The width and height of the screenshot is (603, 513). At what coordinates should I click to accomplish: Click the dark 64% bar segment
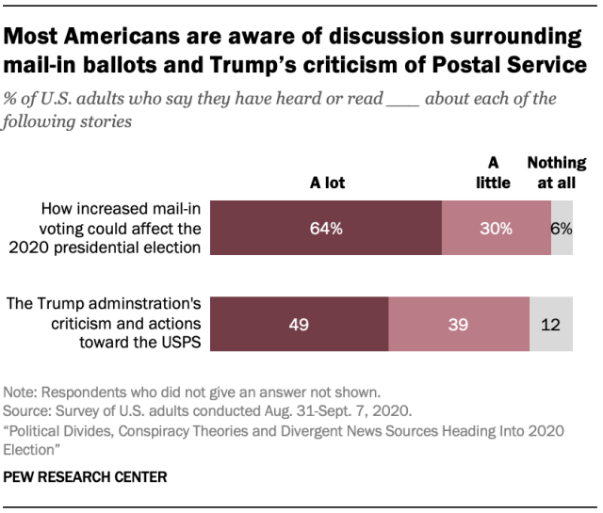325,229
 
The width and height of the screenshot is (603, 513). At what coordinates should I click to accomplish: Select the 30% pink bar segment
496,229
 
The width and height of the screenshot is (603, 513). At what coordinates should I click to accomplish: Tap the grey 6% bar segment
562,229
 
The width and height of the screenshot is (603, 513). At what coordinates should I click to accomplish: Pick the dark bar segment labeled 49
299,324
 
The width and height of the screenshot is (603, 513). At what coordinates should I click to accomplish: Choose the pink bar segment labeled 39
458,324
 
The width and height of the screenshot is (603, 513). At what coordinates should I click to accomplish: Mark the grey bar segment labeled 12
551,324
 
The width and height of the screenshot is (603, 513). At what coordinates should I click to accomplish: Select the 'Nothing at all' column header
556,173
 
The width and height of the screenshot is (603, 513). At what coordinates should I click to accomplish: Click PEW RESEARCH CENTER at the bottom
86,477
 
